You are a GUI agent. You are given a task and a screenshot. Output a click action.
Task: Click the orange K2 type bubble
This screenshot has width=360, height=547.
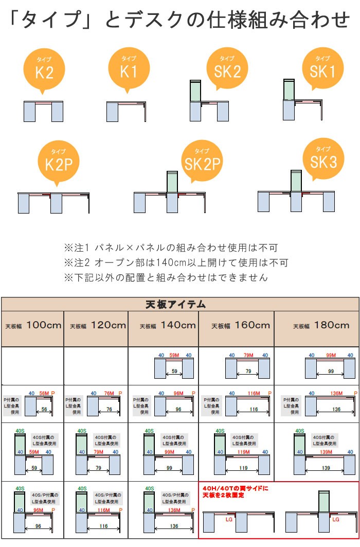pyautogui.click(x=44, y=69)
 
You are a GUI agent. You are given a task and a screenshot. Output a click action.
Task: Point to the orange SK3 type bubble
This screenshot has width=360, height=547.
pyautogui.click(x=323, y=160)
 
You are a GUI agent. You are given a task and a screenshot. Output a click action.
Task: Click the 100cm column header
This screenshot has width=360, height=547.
pyautogui.click(x=33, y=326)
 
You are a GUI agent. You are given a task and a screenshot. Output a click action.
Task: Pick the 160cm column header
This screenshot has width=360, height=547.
pyautogui.click(x=238, y=326)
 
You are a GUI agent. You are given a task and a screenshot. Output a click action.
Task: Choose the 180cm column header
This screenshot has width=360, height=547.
pyautogui.click(x=317, y=326)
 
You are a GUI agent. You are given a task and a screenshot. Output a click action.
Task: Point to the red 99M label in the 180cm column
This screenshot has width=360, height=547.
pyautogui.click(x=330, y=355)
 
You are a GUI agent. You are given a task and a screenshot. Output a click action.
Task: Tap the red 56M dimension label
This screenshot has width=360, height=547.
pyautogui.click(x=44, y=393)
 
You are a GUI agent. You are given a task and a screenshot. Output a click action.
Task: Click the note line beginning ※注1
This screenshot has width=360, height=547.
pyautogui.click(x=171, y=247)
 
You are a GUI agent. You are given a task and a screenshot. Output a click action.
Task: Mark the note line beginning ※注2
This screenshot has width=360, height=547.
pyautogui.click(x=176, y=262)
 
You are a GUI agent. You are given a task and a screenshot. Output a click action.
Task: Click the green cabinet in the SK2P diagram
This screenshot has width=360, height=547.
pyautogui.click(x=172, y=182)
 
